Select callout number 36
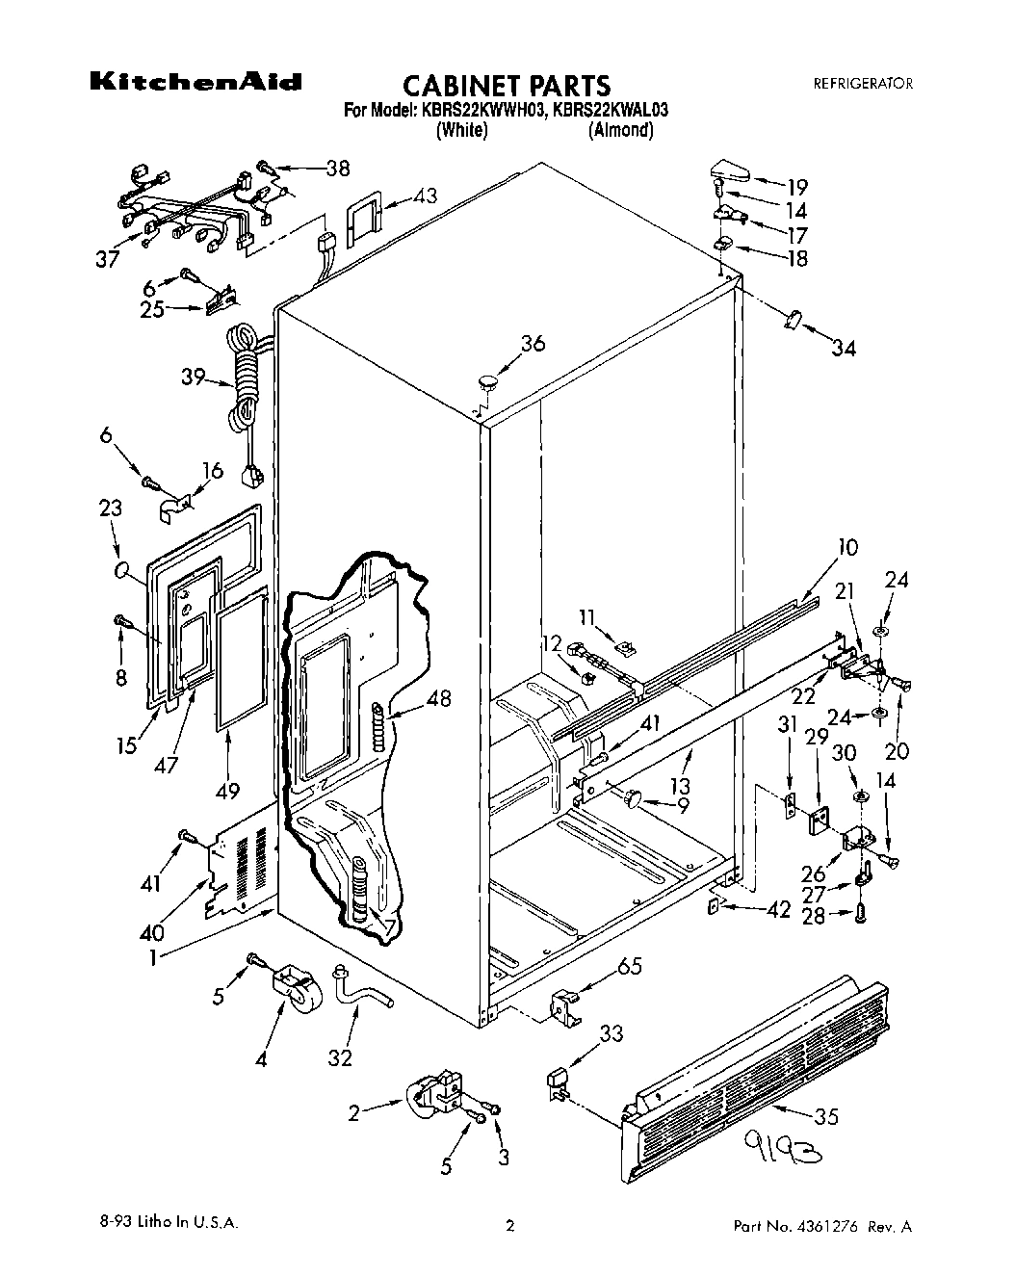pos(533,344)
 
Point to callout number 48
pos(438,698)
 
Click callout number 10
pos(846,547)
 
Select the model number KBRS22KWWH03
pos(480,111)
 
